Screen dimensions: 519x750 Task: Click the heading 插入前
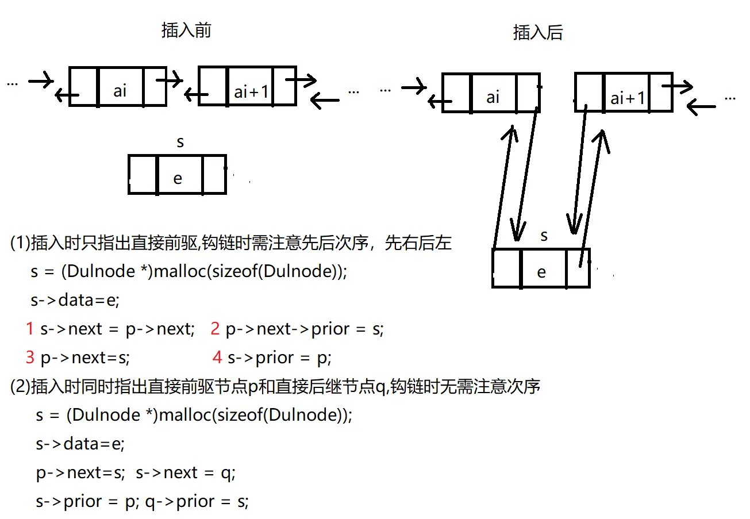pos(186,30)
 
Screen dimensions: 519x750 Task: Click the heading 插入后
pos(537,33)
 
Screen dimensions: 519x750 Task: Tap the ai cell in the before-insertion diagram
pos(120,90)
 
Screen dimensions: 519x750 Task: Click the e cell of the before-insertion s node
pos(178,179)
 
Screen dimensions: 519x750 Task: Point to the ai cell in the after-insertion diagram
pos(493,97)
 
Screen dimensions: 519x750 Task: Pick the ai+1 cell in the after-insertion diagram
pos(627,98)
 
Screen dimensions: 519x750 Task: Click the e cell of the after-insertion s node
pos(541,272)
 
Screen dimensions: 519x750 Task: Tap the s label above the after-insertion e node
pos(544,236)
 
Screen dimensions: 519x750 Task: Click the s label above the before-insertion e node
pos(180,142)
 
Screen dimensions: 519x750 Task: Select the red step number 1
pos(30,329)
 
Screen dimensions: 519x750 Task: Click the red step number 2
pos(216,329)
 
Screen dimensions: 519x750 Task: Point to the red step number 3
pos(30,357)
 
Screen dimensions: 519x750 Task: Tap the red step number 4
pos(217,357)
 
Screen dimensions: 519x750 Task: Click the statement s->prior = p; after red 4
pos(280,357)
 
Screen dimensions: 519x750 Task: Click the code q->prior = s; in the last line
pos(197,501)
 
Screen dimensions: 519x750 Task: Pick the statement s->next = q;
pos(186,472)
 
